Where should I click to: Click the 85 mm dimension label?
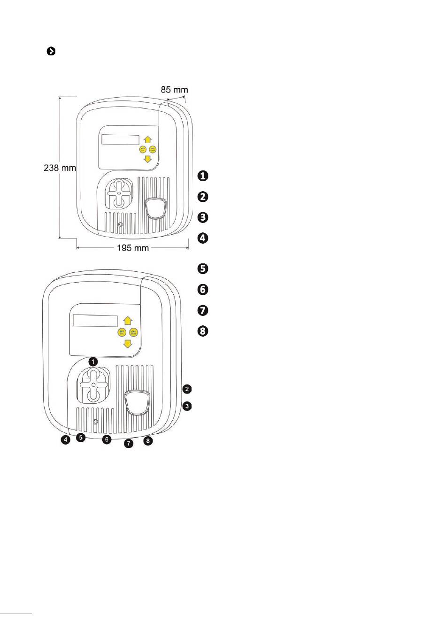174,89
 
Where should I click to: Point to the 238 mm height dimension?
60,167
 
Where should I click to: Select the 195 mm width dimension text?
132,247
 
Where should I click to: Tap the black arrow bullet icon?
51,51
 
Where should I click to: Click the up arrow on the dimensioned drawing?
148,139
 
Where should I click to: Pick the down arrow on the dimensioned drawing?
148,159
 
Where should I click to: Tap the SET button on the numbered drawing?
122,332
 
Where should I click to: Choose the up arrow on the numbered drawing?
128,320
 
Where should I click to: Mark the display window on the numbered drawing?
95,321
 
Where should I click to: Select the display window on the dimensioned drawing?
120,140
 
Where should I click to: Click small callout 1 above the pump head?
93,362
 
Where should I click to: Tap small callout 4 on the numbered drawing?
65,440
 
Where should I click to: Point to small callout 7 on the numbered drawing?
129,443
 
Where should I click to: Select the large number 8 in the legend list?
203,331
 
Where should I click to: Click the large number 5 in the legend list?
203,269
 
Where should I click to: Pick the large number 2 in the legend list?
203,196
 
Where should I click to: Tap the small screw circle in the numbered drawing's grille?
95,422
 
